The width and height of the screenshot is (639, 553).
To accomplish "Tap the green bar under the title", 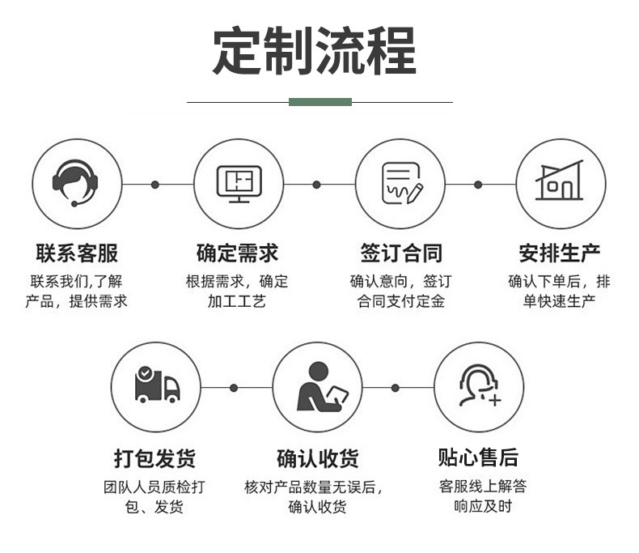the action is tap(320, 102).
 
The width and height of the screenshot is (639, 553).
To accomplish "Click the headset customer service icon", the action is tap(76, 184).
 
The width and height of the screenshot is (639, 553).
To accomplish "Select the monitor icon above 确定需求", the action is tap(239, 184).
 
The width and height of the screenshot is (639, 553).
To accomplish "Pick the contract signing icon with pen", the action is tap(401, 184).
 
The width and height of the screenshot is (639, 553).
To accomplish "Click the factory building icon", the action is tap(560, 183).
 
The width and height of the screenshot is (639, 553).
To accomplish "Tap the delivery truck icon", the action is tap(156, 386).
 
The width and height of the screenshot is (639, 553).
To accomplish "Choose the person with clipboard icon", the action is tap(318, 386).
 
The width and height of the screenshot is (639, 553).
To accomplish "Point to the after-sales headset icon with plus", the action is tap(479, 386).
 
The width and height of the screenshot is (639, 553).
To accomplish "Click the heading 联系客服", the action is tap(76, 253).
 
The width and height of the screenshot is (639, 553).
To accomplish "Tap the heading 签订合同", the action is tap(401, 253).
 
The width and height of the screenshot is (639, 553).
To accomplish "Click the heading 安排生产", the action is tap(560, 253).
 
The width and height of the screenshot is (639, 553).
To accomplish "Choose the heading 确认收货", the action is tap(317, 458).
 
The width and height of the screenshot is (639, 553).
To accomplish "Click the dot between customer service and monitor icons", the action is tap(155, 185).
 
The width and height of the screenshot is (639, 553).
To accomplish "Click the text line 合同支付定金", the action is tap(401, 302).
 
